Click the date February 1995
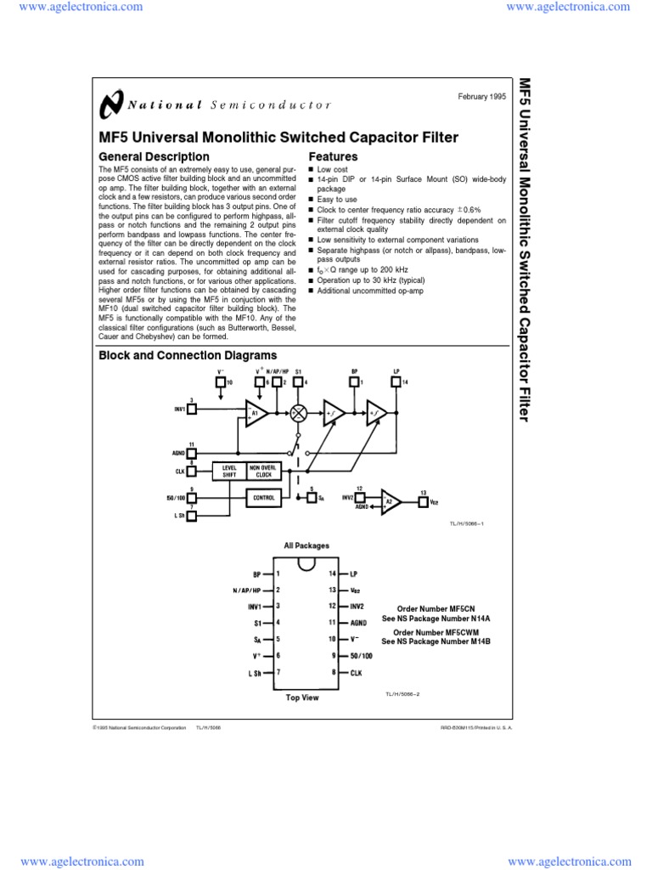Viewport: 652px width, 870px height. [x=481, y=98]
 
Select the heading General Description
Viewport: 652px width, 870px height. [x=154, y=157]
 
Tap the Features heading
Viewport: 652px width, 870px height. [x=333, y=157]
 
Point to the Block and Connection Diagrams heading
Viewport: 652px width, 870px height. [x=188, y=355]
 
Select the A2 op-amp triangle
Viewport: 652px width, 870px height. [x=391, y=501]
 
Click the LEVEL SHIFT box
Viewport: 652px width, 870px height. [x=229, y=472]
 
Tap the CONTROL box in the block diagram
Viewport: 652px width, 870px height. [x=263, y=498]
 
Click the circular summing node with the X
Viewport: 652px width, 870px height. [x=298, y=413]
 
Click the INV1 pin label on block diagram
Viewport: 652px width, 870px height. [x=180, y=409]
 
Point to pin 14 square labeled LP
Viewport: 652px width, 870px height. [x=396, y=382]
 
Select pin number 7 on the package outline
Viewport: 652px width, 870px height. [x=278, y=671]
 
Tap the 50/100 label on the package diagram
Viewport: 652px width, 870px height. [x=362, y=655]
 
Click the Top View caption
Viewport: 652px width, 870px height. [x=302, y=698]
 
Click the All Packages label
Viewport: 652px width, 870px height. [x=306, y=545]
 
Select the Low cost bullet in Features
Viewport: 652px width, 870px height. [x=332, y=170]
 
